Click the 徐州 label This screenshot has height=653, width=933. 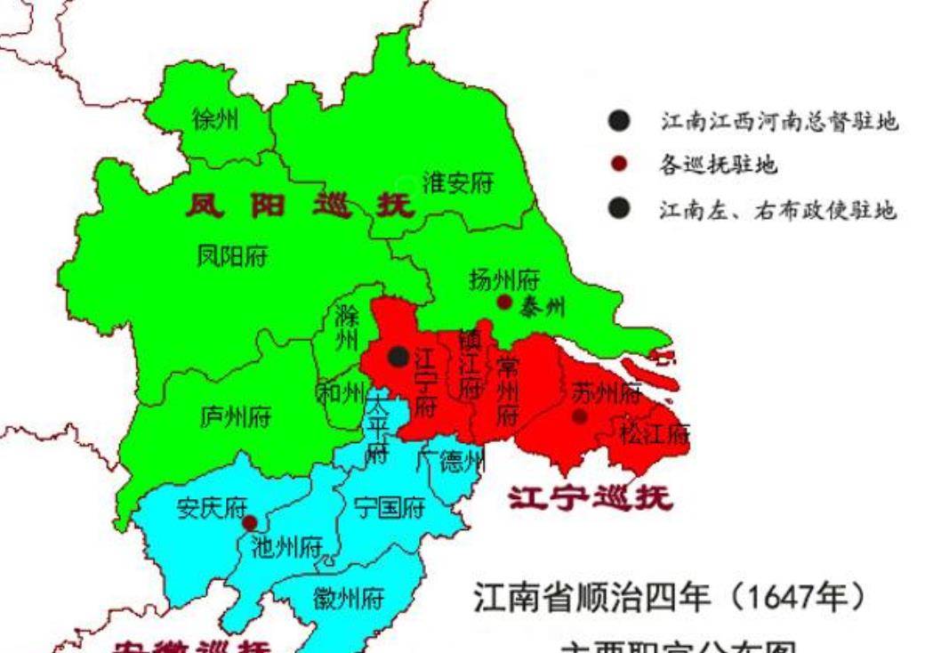pyautogui.click(x=215, y=119)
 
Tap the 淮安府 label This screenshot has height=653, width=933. pyautogui.click(x=457, y=183)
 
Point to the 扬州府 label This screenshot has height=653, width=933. pyautogui.click(x=504, y=280)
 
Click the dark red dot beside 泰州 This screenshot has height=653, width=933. pyautogui.click(x=504, y=302)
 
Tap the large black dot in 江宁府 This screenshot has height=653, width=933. pyautogui.click(x=398, y=357)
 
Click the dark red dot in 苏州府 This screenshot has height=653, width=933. pyautogui.click(x=580, y=415)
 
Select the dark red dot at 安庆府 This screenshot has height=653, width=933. pyautogui.click(x=250, y=522)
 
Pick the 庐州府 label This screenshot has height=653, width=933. pyautogui.click(x=236, y=416)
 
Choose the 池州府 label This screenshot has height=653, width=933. pyautogui.click(x=286, y=546)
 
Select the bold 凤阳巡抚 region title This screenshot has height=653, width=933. pyautogui.click(x=300, y=206)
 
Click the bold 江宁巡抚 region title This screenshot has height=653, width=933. pyautogui.click(x=591, y=498)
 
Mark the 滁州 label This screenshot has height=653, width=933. pyautogui.click(x=346, y=327)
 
